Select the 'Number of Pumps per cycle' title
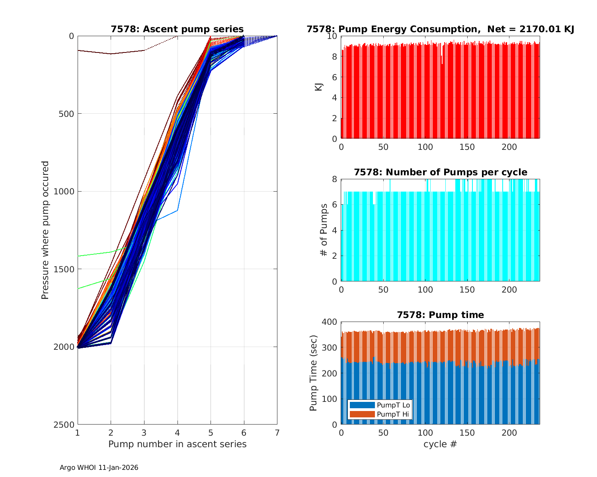440,172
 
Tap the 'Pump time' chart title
440,315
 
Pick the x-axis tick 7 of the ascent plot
277,432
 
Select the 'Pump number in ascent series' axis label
177,444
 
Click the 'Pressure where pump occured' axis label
45,230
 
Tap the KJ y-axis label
318,87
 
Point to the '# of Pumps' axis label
324,230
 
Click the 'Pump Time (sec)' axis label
314,373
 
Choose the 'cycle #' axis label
440,444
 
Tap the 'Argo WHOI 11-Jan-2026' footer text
99,467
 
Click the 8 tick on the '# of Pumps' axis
334,179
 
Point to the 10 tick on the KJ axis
332,36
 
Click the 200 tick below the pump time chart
509,432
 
